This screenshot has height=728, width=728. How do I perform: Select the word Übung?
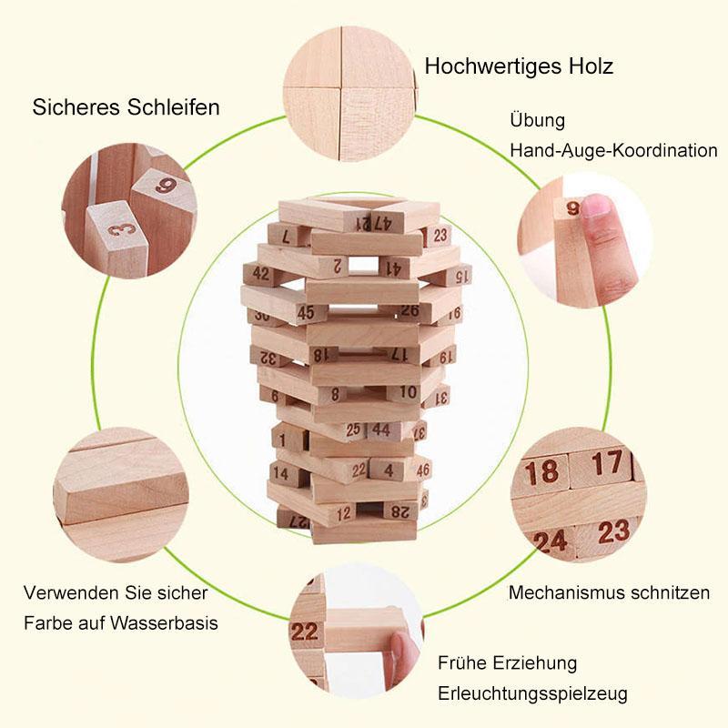[537, 121]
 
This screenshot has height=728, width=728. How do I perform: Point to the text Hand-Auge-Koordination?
[613, 150]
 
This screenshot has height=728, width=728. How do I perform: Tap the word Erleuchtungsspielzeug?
[532, 693]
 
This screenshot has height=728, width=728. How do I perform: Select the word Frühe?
[463, 662]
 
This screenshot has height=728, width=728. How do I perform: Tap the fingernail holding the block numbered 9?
[596, 207]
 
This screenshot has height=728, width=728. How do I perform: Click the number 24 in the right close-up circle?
[550, 542]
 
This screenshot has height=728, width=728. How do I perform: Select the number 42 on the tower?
[261, 272]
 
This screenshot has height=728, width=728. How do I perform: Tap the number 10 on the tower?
[409, 392]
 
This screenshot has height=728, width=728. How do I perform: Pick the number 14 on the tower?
[280, 473]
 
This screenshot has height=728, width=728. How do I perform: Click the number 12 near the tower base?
[344, 513]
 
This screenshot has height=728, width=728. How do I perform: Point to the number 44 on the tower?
[381, 430]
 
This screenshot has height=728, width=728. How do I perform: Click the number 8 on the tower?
[335, 394]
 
